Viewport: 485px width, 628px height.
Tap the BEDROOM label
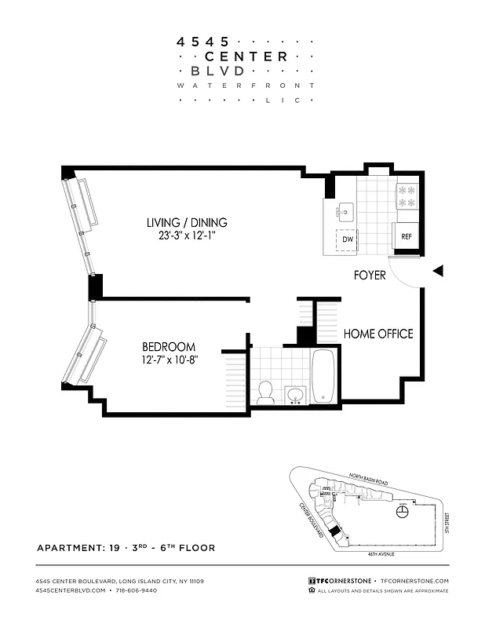169,347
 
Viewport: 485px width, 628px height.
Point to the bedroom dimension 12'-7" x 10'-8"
169,360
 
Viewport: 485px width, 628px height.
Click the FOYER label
369,276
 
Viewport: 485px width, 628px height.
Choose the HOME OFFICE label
378,334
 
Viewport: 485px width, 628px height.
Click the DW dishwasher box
346,239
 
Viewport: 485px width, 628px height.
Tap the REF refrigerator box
406,235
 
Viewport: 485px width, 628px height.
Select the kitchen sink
345,211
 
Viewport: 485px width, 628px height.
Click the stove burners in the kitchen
406,195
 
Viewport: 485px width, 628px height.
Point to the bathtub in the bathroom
323,376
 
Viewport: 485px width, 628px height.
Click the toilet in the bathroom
265,391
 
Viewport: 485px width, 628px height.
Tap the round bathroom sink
294,393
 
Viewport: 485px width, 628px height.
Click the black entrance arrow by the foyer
439,271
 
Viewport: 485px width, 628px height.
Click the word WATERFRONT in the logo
246,85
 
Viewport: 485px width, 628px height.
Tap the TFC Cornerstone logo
339,581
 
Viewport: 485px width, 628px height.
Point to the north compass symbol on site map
403,511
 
